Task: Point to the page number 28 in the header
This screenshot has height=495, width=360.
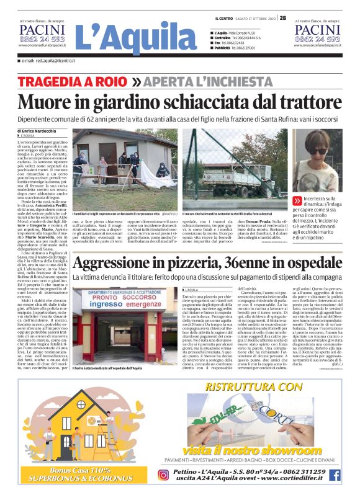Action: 282,17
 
